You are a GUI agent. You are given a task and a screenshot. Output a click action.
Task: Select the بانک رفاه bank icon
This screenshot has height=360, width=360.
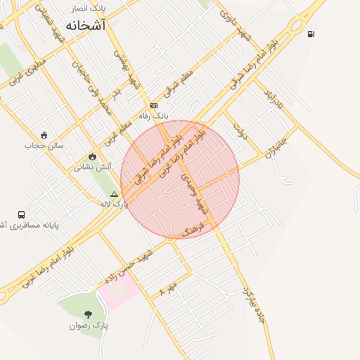pyautogui.click(x=153, y=105)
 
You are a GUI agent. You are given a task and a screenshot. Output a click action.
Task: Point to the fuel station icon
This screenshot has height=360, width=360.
pyautogui.click(x=311, y=33)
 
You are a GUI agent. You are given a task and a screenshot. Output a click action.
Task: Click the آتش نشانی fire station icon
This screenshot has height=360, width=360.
pyautogui.click(x=92, y=156)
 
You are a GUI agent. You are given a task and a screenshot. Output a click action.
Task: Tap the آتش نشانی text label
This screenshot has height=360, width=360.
pyautogui.click(x=92, y=167)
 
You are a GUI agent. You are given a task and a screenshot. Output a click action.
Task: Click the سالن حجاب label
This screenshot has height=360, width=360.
pyautogui.click(x=44, y=146)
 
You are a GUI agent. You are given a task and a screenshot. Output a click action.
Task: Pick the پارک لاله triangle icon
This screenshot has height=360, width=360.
pyautogui.click(x=114, y=193)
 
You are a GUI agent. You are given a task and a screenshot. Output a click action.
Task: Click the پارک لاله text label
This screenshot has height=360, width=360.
pyautogui.click(x=115, y=203)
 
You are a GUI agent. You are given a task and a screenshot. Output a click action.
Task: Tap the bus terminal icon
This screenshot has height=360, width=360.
pyautogui.click(x=21, y=214)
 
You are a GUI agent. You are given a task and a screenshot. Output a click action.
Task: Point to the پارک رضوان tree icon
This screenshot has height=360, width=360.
pyautogui.click(x=88, y=314)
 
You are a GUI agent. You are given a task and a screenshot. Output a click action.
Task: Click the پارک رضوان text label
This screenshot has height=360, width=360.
pyautogui.click(x=89, y=326)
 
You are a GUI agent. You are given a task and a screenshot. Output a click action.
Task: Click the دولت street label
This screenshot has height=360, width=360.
pyautogui.click(x=240, y=131)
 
